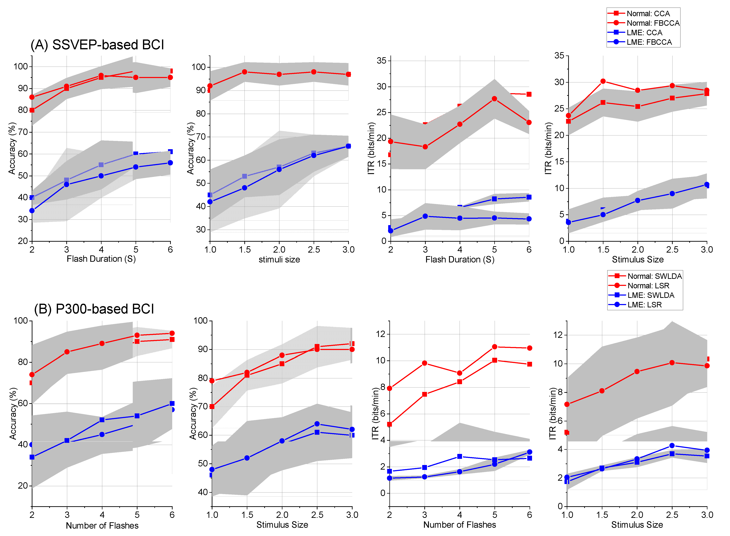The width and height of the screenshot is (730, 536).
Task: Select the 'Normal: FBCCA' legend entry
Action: (x=653, y=23)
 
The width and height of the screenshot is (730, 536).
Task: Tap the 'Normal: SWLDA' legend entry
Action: (x=654, y=276)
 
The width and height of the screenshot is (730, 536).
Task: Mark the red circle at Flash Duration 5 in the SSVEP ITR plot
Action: (x=494, y=99)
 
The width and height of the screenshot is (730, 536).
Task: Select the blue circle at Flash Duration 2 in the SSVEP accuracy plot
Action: (x=32, y=210)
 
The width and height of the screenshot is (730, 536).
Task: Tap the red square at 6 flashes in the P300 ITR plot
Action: (x=529, y=364)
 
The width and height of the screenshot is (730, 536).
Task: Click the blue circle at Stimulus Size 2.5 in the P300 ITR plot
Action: (x=672, y=445)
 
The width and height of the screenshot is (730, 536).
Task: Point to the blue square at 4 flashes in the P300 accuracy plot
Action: (x=102, y=420)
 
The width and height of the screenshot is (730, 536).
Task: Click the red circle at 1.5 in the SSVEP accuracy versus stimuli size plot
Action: (x=245, y=72)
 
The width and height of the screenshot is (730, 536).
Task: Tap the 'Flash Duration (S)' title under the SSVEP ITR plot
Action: (x=460, y=260)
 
